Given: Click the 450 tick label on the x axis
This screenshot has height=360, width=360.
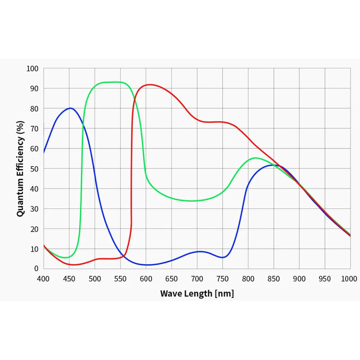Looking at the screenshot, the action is point(69,279).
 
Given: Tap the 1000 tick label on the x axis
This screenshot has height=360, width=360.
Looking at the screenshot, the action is point(349,279).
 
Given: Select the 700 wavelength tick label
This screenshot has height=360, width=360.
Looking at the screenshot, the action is point(197,279).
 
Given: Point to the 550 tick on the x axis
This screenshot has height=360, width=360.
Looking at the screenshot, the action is point(120,279).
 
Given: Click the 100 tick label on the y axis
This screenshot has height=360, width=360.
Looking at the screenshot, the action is point(32,68).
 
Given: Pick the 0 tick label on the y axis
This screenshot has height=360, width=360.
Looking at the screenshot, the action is point(36,268).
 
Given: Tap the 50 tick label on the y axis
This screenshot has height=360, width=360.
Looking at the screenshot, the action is point(34,169).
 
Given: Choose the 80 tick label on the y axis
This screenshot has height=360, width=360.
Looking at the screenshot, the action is point(34,108).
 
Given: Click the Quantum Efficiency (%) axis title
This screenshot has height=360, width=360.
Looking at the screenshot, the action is point(20,169).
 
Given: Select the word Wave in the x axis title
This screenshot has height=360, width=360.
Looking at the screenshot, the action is point(170,293).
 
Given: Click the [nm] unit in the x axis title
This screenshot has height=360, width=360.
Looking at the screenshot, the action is point(224,294).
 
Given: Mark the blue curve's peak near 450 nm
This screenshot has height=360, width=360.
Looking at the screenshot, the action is point(70,108).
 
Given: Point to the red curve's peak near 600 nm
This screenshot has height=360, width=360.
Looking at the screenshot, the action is point(150,85).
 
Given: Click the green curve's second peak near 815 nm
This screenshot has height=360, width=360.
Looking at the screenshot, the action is point(256,158).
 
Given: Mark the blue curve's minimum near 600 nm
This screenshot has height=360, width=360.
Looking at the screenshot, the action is point(147,265).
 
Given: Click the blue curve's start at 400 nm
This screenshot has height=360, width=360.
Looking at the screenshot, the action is point(44,152).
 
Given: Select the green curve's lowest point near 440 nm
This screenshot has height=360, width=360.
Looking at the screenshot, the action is point(65,257).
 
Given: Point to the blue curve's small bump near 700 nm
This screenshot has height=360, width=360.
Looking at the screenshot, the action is point(200,252).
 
